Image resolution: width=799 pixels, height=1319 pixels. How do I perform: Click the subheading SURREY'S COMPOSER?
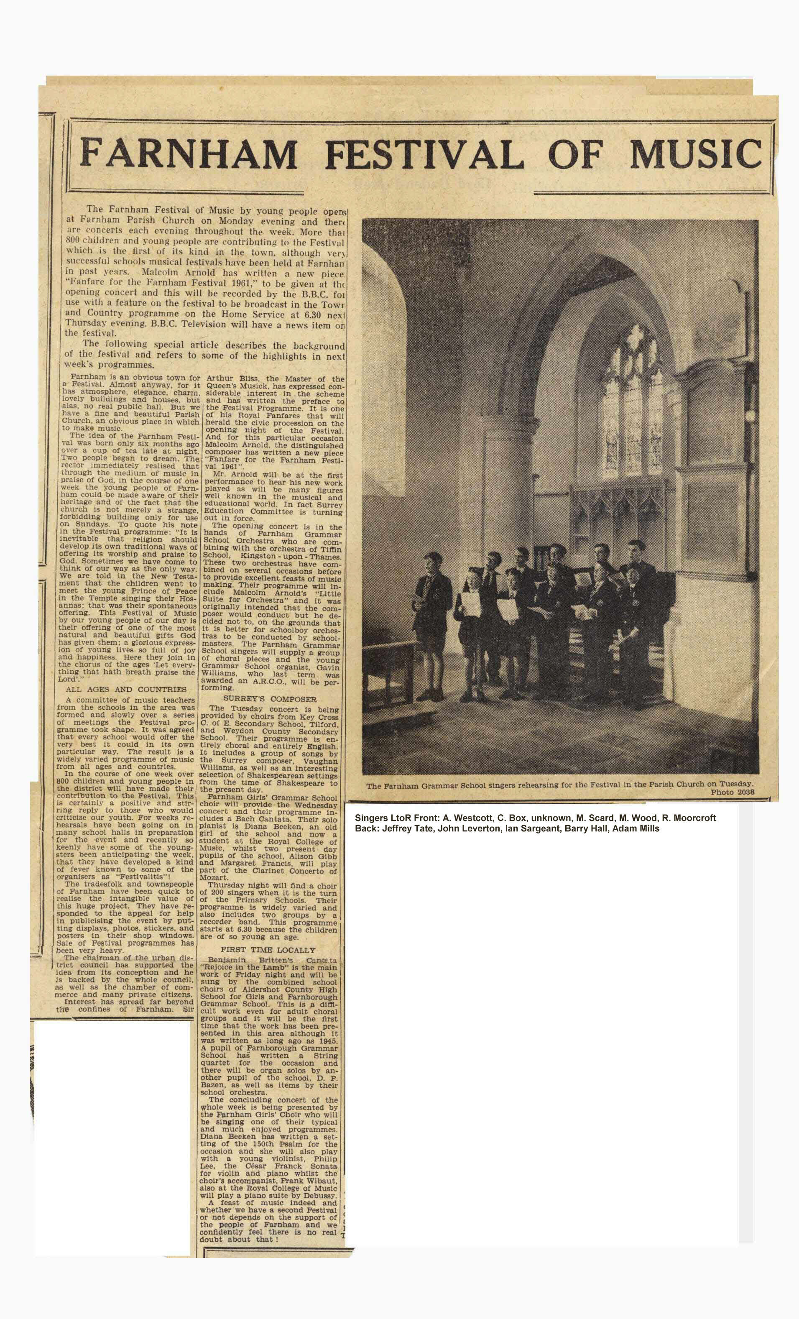pyautogui.click(x=270, y=699)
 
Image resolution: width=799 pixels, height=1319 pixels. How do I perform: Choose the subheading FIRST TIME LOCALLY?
pyautogui.click(x=268, y=950)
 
